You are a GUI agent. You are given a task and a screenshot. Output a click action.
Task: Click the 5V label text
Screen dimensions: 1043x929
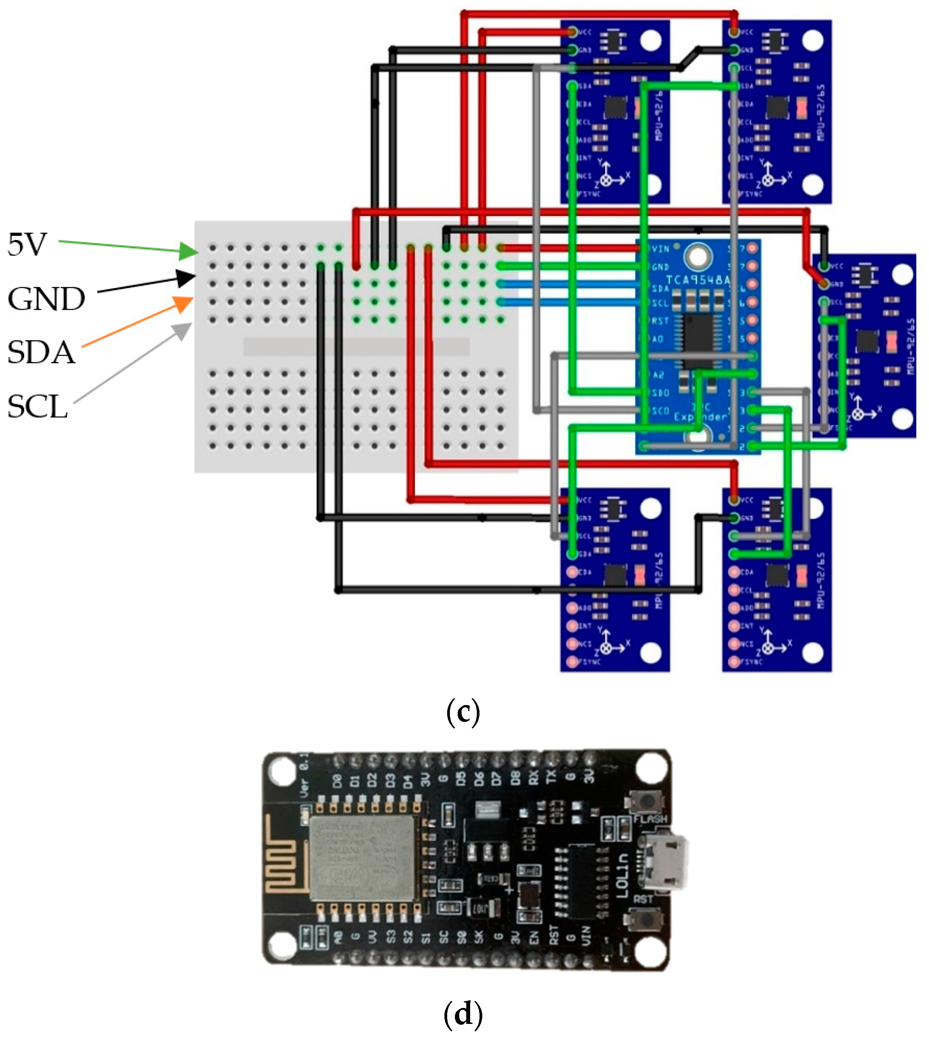click(x=27, y=245)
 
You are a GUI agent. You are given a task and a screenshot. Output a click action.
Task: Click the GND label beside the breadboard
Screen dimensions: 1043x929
click(x=46, y=299)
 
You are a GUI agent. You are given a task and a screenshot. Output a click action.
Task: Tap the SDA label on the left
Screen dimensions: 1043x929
click(x=41, y=352)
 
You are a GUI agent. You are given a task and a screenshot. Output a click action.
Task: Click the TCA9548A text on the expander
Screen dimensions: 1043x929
click(x=698, y=279)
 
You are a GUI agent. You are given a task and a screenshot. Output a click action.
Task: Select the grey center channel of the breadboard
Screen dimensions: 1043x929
click(x=356, y=346)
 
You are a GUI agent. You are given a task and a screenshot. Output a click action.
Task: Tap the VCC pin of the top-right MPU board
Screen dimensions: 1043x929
click(x=734, y=32)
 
